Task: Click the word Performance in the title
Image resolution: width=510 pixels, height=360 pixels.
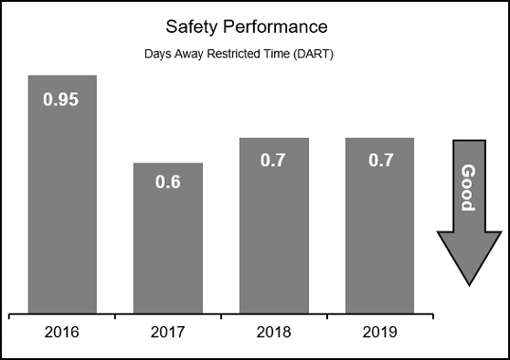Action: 265,25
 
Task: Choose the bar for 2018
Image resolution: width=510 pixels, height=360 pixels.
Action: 273,228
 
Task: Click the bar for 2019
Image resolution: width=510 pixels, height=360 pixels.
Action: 379,228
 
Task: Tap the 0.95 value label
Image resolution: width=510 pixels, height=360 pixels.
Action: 61,100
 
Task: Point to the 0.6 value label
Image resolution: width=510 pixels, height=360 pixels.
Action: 167,181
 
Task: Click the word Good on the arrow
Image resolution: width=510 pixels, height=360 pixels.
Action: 468,187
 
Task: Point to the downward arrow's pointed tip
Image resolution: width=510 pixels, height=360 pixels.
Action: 468,283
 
